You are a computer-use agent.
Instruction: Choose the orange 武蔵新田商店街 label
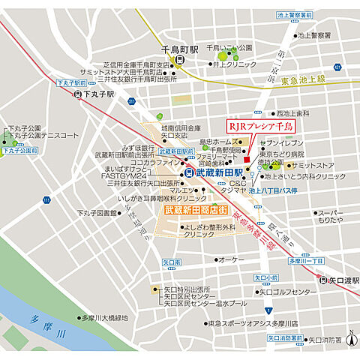[192, 211]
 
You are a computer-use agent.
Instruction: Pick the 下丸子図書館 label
[96, 213]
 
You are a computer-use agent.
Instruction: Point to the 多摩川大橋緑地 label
[100, 318]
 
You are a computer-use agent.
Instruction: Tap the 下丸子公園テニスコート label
[43, 136]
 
